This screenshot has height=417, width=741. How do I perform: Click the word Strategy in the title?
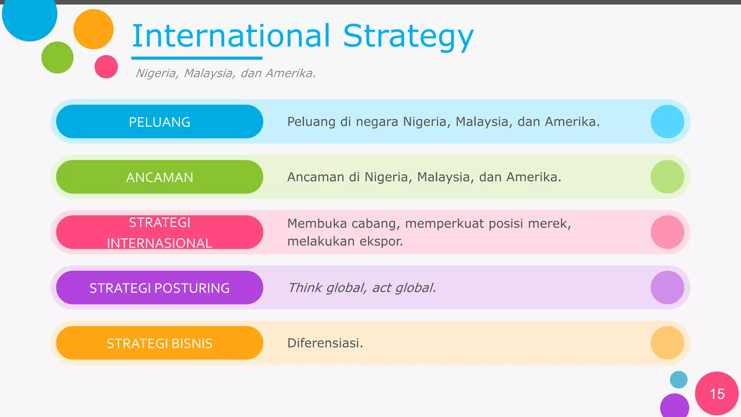pyautogui.click(x=408, y=36)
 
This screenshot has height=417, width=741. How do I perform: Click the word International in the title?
pyautogui.click(x=231, y=36)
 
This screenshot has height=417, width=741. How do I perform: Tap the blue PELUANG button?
pyautogui.click(x=160, y=122)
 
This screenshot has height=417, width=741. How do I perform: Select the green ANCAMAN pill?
pyautogui.click(x=160, y=177)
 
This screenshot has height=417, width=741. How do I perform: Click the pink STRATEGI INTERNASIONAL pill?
pyautogui.click(x=160, y=232)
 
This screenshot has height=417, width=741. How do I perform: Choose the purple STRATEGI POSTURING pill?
pyautogui.click(x=160, y=288)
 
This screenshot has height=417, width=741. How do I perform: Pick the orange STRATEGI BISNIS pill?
pyautogui.click(x=160, y=343)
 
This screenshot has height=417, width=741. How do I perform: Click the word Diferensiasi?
pyautogui.click(x=325, y=343)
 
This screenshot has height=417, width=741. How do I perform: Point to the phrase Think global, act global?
pyautogui.click(x=362, y=288)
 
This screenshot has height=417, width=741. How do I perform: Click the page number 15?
pyautogui.click(x=717, y=394)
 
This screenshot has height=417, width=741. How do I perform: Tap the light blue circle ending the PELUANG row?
pyautogui.click(x=667, y=122)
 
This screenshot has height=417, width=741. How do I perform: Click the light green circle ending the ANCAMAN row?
pyautogui.click(x=667, y=177)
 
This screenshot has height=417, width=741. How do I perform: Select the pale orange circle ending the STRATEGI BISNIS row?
pyautogui.click(x=667, y=343)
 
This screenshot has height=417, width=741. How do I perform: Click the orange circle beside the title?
pyautogui.click(x=93, y=29)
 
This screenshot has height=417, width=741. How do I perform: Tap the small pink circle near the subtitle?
pyautogui.click(x=106, y=67)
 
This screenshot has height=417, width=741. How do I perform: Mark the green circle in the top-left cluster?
pyautogui.click(x=58, y=58)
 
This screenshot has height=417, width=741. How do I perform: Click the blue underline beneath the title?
pyautogui.click(x=197, y=58)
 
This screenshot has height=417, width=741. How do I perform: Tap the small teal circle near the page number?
pyautogui.click(x=678, y=380)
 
